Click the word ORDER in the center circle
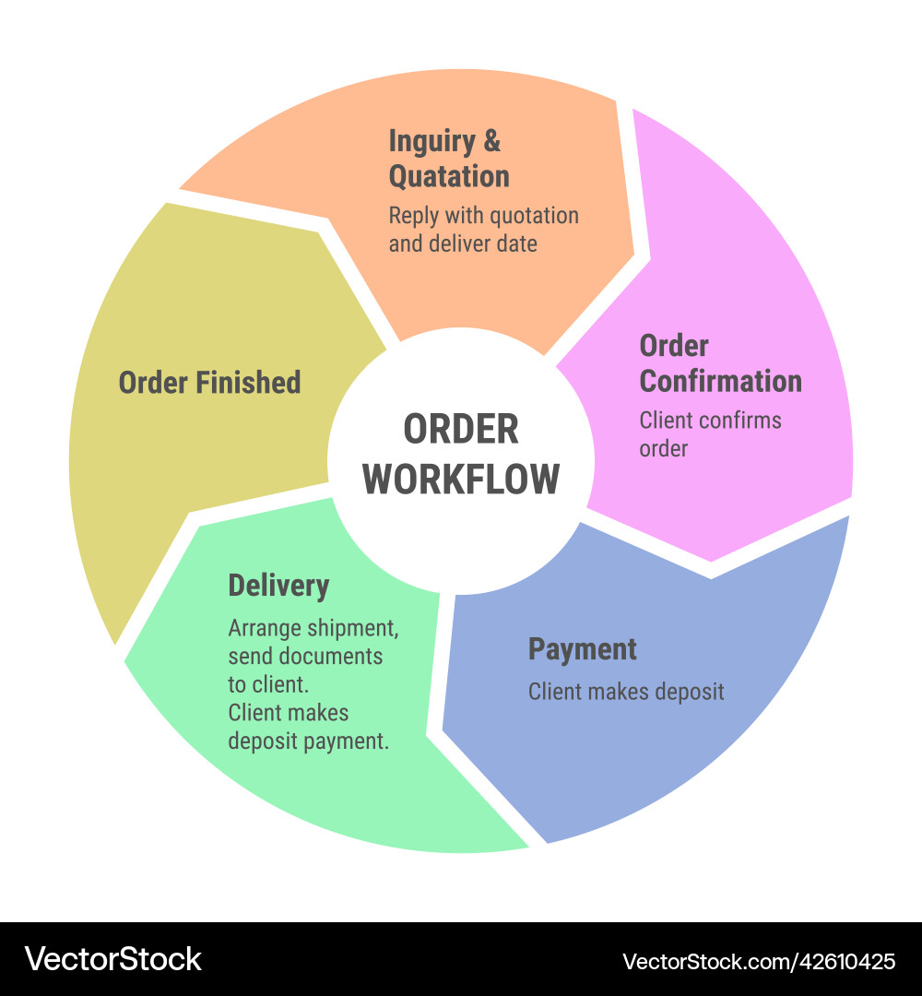(461, 430)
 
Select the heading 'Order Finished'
(209, 383)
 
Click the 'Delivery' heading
(278, 586)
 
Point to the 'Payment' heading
(582, 649)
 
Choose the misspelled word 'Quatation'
(449, 176)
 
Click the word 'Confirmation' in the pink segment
(721, 381)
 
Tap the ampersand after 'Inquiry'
(492, 141)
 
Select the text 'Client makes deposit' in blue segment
(626, 692)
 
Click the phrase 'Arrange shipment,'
(313, 629)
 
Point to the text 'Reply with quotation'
(483, 216)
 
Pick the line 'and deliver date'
(462, 244)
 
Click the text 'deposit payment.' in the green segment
(308, 741)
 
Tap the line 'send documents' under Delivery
(305, 657)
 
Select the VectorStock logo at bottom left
(112, 959)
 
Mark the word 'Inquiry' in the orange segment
(431, 141)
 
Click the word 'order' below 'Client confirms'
(663, 449)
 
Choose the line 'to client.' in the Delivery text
(268, 684)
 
